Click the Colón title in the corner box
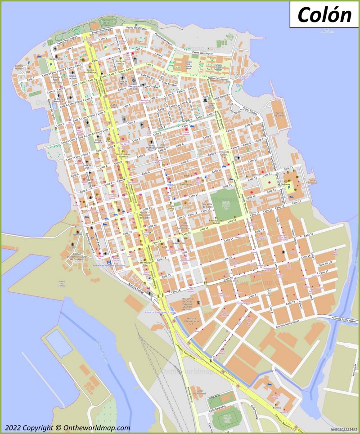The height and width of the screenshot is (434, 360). click(x=324, y=14)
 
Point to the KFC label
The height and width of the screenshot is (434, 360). click(x=108, y=140)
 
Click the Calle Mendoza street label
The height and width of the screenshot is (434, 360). click(x=222, y=96)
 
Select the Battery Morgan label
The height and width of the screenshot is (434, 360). click(x=20, y=67)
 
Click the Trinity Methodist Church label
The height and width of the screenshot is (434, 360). click(x=155, y=148)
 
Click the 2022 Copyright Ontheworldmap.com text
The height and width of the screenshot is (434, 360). click(x=67, y=428)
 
